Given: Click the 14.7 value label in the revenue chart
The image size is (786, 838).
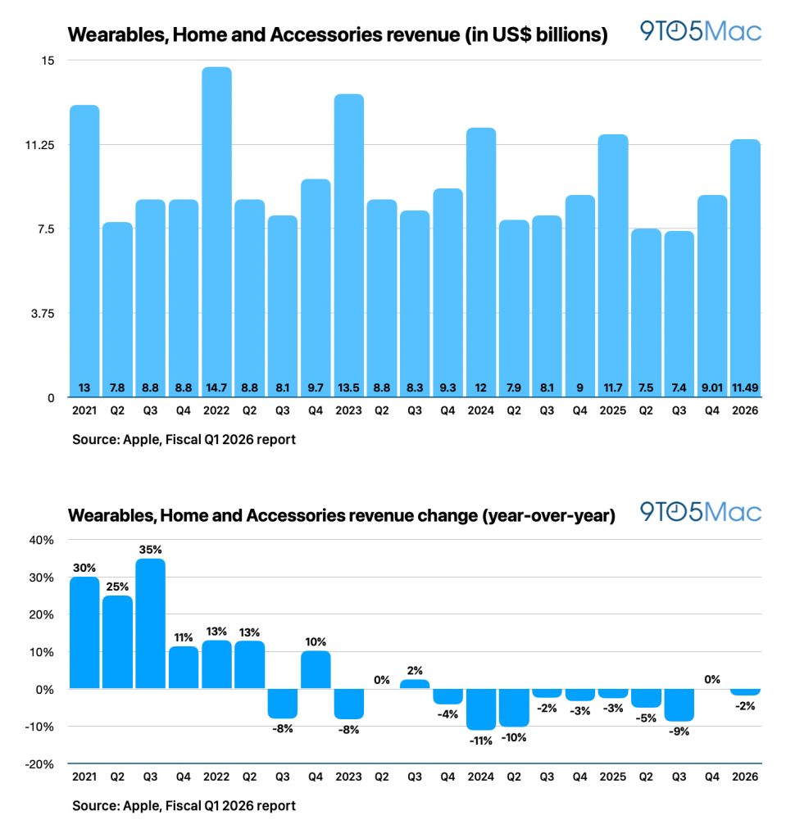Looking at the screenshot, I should [216, 387].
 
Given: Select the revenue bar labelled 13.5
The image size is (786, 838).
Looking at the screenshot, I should [349, 246].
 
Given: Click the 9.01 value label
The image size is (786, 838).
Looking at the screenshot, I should [712, 387].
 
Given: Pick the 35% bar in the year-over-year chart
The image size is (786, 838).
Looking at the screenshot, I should [150, 623].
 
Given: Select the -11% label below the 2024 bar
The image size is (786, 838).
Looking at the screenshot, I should [481, 741].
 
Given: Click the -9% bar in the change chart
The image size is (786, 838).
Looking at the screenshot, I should [679, 705].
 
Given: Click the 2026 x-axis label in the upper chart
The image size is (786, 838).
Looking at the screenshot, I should [745, 410].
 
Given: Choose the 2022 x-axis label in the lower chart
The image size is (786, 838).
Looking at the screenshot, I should [216, 777].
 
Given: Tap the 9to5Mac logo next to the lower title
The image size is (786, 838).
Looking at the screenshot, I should [701, 513].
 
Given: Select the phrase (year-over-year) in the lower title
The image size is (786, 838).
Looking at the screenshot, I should [549, 515].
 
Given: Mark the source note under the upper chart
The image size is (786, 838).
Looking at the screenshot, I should [184, 439].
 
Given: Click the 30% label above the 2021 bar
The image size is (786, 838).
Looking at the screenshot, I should [84, 568].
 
